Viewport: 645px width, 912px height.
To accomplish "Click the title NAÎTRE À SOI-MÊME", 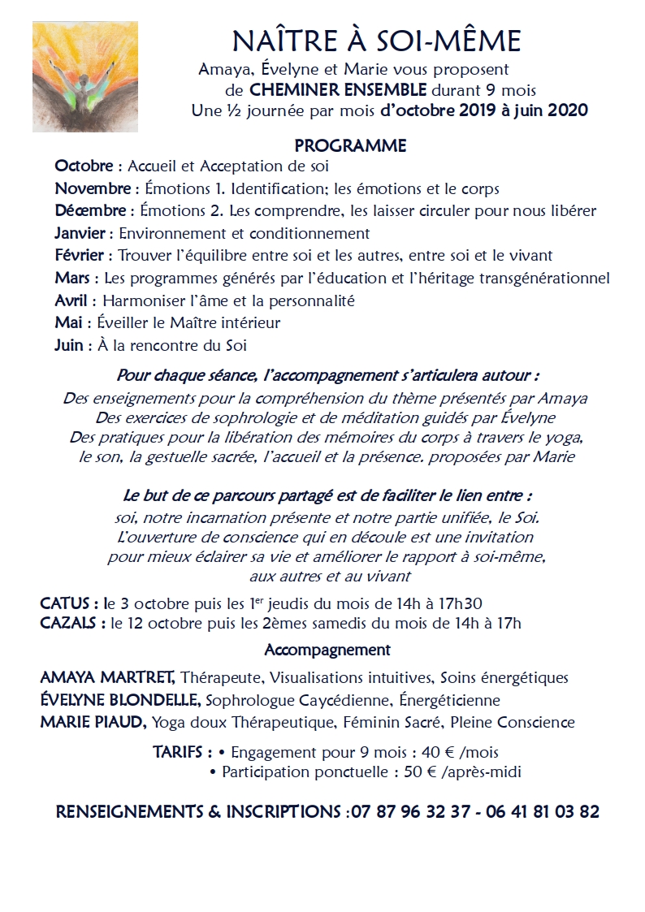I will click(377, 41).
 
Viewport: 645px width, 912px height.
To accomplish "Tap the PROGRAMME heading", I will click(350, 146).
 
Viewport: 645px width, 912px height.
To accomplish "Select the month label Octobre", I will click(84, 166).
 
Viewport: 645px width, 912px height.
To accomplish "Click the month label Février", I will click(79, 256).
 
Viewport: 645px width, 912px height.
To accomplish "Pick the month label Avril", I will click(71, 300).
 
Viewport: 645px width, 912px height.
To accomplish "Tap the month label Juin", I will click(69, 345).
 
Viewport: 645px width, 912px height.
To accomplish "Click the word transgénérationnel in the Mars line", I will click(538, 279).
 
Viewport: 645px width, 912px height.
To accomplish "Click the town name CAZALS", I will click(69, 624).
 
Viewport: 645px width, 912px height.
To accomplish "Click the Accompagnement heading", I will click(327, 651).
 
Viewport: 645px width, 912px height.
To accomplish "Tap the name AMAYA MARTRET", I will click(106, 677).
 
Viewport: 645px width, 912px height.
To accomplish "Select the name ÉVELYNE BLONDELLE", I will click(121, 700).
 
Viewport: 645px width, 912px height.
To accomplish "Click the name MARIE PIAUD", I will click(93, 723).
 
